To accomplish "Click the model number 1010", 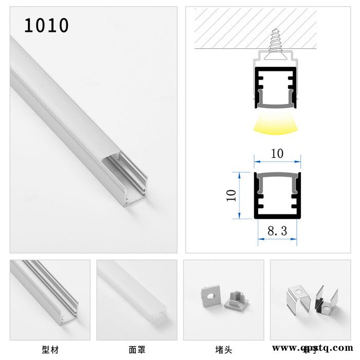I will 46,25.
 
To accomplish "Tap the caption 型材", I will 50,350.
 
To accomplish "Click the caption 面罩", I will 136,350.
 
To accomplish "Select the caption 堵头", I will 223,350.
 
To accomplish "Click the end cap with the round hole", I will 210,296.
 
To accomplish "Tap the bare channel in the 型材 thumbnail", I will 49,293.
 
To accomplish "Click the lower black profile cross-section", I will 277,195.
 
